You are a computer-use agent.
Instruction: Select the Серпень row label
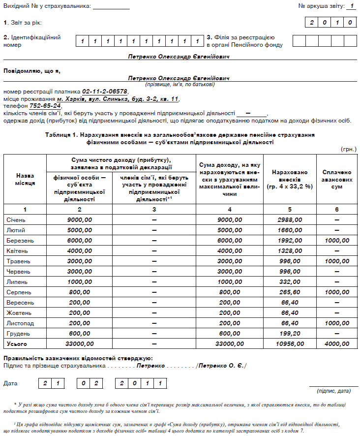coord(19,292)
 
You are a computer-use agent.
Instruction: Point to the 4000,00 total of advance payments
coord(336,343)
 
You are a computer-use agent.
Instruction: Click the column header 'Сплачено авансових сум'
coord(336,180)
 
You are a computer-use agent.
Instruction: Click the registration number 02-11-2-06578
coord(105,92)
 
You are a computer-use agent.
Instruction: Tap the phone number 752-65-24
coord(45,106)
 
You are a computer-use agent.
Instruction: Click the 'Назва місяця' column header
coord(25,179)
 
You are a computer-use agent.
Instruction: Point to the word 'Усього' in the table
coord(17,343)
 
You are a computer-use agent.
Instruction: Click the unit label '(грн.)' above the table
coord(348,149)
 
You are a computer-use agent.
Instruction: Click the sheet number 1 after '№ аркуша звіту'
coord(352,6)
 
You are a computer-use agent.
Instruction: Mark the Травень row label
coord(19,261)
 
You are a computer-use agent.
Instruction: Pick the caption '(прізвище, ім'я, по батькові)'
coord(180,84)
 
